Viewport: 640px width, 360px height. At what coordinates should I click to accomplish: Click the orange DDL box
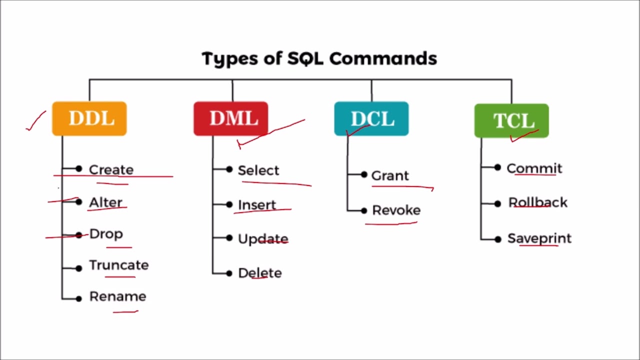click(x=89, y=118)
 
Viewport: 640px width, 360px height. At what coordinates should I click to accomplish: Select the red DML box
click(x=230, y=118)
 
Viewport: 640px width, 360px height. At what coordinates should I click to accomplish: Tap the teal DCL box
click(x=371, y=119)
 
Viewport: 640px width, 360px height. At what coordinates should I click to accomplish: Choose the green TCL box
click(x=511, y=120)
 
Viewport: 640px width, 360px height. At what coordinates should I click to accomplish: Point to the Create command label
click(x=111, y=169)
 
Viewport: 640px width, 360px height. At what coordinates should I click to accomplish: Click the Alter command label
click(x=105, y=202)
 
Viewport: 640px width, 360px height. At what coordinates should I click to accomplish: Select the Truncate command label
click(x=118, y=265)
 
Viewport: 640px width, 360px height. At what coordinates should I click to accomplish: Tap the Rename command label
click(x=117, y=296)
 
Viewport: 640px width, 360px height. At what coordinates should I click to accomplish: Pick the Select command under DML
click(x=258, y=170)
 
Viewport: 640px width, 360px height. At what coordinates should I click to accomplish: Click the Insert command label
click(x=256, y=205)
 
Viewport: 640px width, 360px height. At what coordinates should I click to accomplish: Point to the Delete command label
click(x=259, y=273)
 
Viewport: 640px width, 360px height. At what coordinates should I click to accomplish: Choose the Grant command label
click(x=390, y=175)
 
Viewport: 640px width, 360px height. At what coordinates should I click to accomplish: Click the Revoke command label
click(x=396, y=210)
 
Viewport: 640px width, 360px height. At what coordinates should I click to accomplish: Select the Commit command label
click(x=534, y=168)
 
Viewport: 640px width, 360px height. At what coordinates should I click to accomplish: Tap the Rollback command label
click(x=537, y=202)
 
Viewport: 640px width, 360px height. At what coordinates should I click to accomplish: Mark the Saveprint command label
click(x=539, y=238)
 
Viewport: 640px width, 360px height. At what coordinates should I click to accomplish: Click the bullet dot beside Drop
click(x=79, y=234)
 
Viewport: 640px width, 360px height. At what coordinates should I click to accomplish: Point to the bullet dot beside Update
click(x=229, y=238)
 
